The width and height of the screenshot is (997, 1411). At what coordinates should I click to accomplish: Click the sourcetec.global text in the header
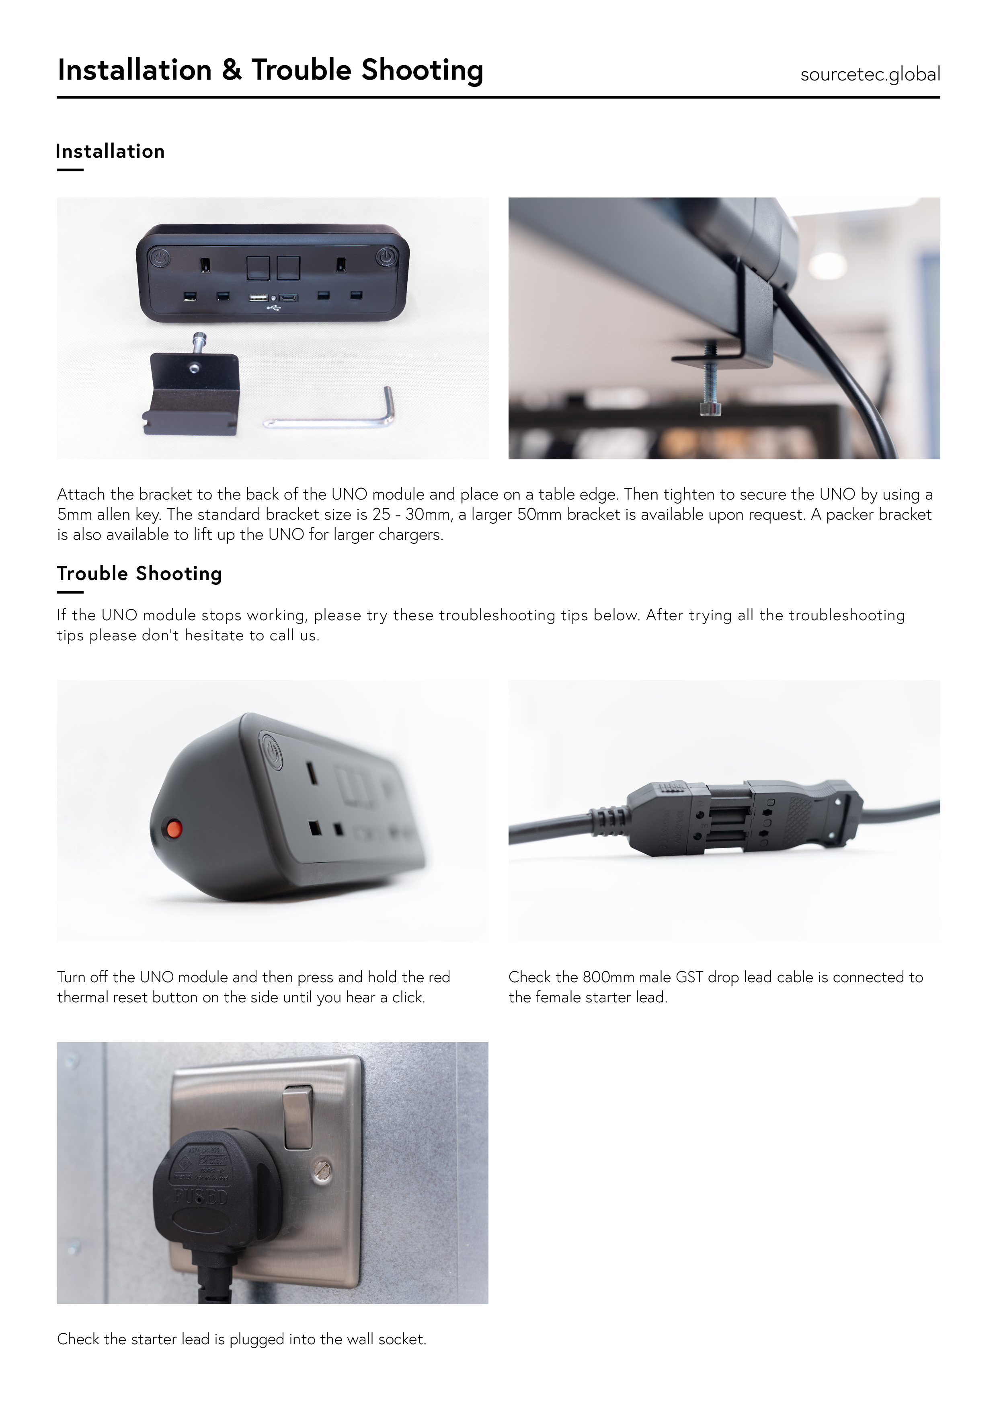tap(870, 74)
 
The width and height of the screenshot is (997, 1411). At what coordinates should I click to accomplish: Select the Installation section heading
tap(111, 151)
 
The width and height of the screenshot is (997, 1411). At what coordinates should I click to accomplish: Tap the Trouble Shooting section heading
tap(139, 574)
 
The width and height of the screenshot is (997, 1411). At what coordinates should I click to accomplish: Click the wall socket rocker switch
tap(298, 1118)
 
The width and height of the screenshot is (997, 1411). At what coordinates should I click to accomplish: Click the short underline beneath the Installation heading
tap(70, 170)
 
